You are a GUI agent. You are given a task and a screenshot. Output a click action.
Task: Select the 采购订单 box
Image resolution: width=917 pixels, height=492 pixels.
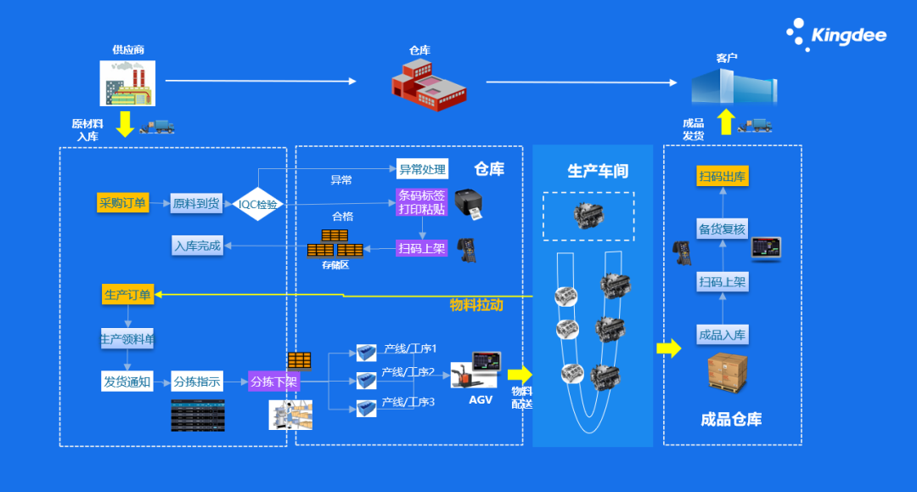(x=123, y=203)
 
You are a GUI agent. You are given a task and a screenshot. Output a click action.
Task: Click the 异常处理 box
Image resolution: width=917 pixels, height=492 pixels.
(x=421, y=170)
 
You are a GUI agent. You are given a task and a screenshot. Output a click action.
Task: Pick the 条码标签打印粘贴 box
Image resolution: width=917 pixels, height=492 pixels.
(x=421, y=202)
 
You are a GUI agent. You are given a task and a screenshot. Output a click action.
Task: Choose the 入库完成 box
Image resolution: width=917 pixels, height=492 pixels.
(x=197, y=246)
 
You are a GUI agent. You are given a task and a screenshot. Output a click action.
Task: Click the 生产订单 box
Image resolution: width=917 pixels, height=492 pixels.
(x=127, y=295)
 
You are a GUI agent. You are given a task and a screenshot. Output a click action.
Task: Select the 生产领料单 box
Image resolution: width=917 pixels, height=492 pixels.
(x=127, y=340)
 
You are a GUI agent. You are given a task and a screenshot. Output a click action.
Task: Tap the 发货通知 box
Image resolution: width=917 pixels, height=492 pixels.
(x=127, y=382)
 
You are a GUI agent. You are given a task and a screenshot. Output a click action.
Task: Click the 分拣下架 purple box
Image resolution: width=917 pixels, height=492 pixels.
(x=273, y=382)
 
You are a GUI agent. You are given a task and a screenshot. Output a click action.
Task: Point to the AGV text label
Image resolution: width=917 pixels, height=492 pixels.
(x=481, y=400)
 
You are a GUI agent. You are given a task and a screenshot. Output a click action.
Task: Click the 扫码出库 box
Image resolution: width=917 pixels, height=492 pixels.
(x=723, y=177)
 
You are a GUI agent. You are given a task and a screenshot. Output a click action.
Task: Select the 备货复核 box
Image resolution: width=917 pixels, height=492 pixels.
(x=722, y=229)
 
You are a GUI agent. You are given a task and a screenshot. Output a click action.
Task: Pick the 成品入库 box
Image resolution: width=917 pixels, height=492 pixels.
(x=722, y=335)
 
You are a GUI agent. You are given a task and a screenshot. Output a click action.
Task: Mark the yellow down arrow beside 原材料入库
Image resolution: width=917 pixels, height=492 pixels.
(x=125, y=124)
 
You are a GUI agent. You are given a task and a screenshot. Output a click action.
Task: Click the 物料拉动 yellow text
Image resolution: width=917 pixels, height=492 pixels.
(x=476, y=304)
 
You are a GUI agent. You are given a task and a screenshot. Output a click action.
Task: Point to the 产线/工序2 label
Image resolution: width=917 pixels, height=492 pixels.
(x=408, y=372)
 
